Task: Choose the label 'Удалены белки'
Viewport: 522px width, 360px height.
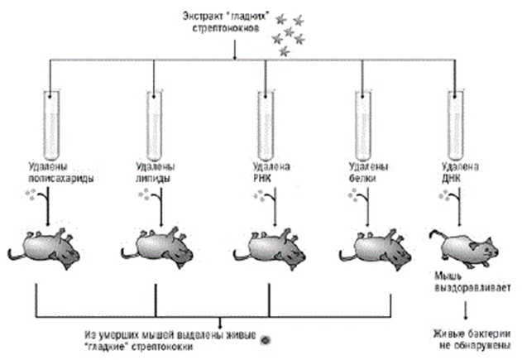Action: (361, 170)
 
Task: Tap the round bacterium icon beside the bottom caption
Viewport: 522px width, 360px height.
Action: (265, 338)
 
